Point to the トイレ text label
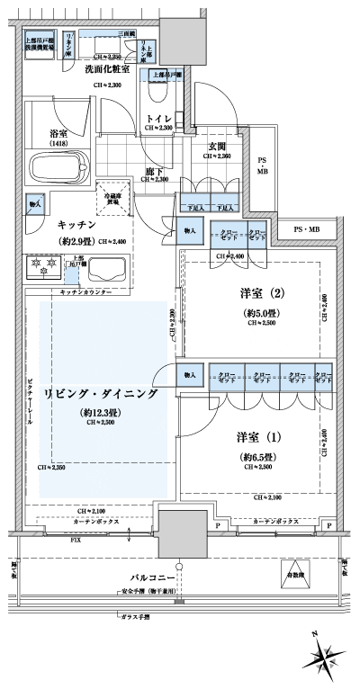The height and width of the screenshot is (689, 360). (x=159, y=118)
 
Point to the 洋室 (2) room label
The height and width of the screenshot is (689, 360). (x=253, y=294)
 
